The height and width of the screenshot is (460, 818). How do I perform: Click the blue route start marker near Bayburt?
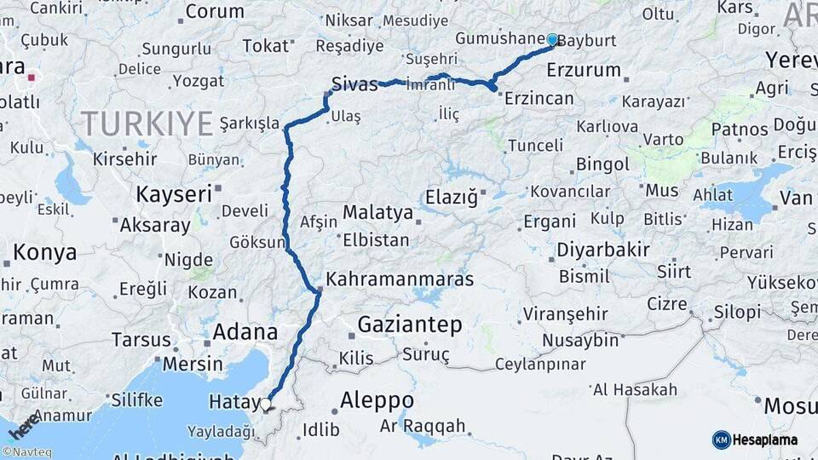[x=552, y=39]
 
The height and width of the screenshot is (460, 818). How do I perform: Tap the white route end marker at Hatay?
[x=266, y=404]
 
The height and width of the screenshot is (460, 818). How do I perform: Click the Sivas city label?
[x=354, y=83]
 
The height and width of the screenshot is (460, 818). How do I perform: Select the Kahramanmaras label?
[x=400, y=279]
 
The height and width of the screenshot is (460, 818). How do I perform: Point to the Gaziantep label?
[x=409, y=325]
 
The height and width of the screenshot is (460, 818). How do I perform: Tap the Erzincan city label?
[x=539, y=99]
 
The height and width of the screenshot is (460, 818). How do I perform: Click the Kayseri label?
[x=174, y=193]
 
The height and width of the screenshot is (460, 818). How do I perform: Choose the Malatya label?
[x=377, y=212]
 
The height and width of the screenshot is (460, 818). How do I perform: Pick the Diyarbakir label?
[x=603, y=250]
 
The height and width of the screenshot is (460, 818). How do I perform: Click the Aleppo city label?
[x=377, y=400]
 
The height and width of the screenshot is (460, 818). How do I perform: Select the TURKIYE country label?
[x=147, y=124]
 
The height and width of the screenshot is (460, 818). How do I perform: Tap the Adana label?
[x=245, y=331]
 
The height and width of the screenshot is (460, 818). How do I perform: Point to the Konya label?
[x=45, y=252]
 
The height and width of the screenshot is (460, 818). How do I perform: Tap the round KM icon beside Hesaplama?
[x=721, y=440]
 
